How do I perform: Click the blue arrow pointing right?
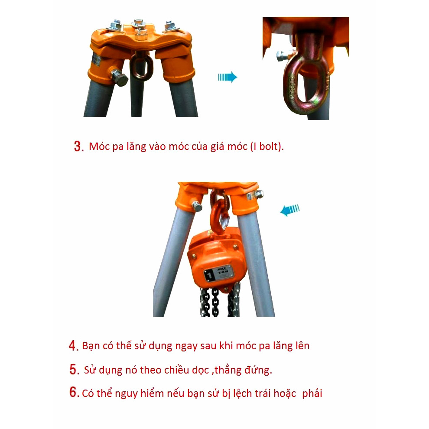tap(227, 77)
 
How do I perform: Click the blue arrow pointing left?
tap(290, 211)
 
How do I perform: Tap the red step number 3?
tap(79, 146)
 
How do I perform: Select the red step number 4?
tap(74, 346)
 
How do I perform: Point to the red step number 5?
tap(75, 369)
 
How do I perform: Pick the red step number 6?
tap(75, 392)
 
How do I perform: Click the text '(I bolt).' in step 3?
tap(267, 146)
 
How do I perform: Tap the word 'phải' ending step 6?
tap(312, 393)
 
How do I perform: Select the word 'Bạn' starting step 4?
tap(91, 346)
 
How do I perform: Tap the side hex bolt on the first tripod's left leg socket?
tap(119, 78)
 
